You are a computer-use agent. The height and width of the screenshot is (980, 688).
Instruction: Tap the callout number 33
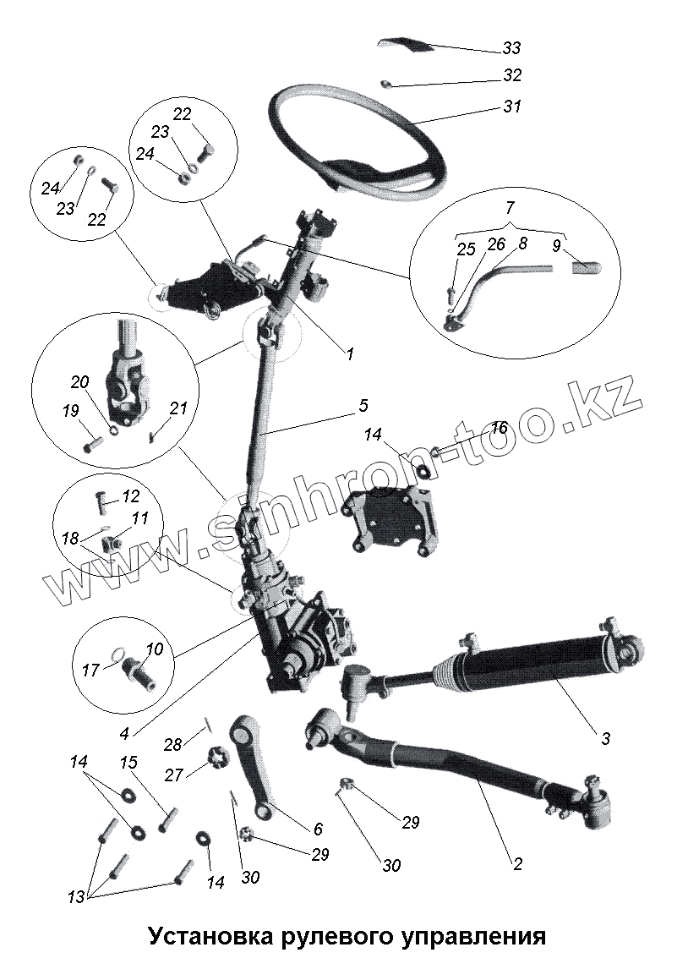tap(512, 48)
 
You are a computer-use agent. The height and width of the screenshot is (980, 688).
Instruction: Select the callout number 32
tap(512, 75)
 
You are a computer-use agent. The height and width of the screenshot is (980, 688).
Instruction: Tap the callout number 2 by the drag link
tap(517, 864)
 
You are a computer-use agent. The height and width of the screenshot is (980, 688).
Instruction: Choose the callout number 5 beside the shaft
tap(363, 407)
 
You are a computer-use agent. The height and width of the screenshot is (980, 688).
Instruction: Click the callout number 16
tap(499, 428)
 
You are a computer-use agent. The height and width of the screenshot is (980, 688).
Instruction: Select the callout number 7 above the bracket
tap(510, 206)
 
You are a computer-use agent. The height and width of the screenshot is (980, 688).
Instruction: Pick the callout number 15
tap(129, 764)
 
